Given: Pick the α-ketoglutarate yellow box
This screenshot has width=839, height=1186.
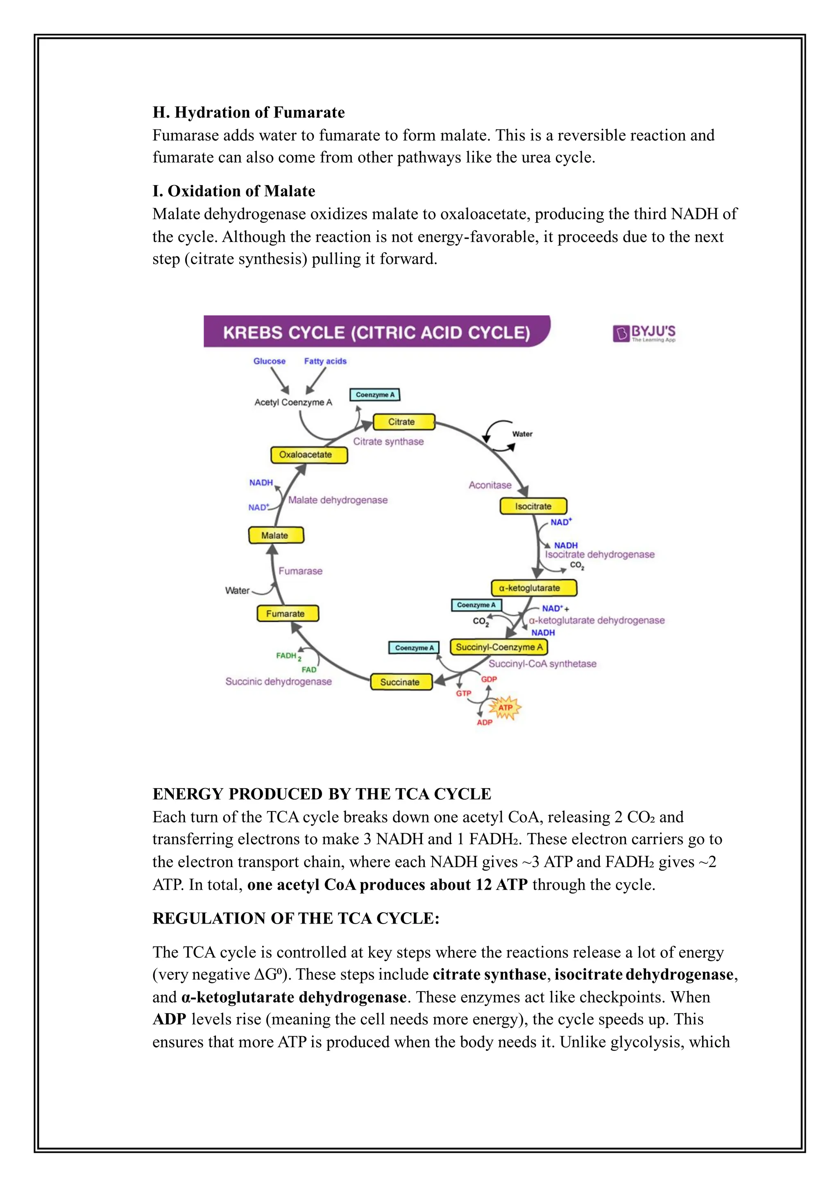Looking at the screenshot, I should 533,588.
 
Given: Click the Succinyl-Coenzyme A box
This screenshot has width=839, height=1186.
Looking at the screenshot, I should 499,647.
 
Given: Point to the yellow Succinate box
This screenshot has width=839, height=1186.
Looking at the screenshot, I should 401,682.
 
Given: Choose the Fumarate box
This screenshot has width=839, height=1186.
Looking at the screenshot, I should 288,614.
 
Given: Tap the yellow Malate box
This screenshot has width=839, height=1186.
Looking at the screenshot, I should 276,535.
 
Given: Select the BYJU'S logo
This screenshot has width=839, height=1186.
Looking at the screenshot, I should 644,333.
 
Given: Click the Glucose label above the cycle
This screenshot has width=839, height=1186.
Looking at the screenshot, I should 269,361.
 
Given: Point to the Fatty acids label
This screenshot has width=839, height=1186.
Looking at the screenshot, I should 325,361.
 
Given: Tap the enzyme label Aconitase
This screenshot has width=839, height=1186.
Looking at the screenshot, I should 490,485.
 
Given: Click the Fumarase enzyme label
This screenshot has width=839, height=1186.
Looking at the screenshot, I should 300,571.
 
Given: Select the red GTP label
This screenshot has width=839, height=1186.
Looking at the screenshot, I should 463,693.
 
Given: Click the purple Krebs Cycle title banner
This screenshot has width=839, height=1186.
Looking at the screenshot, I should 376,332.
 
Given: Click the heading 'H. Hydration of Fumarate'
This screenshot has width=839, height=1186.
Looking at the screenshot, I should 249,112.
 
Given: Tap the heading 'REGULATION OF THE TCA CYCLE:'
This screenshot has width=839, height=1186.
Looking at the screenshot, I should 296,918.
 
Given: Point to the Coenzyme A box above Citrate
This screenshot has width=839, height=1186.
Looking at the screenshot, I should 375,395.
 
